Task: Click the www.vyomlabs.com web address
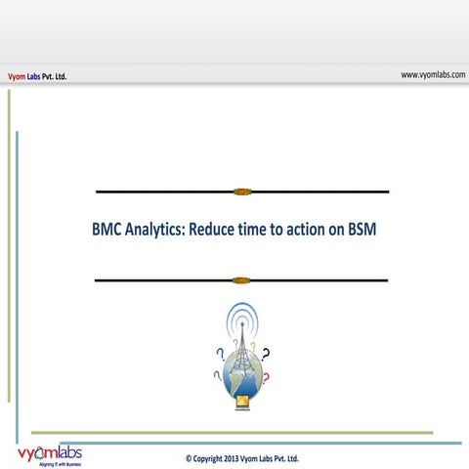point(432,74)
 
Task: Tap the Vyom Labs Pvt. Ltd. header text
point(37,75)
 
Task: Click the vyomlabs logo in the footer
point(50,454)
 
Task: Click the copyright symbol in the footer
point(189,457)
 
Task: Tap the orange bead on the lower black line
point(241,280)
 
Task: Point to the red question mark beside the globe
point(265,377)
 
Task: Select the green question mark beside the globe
point(216,376)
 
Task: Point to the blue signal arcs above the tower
point(241,317)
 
